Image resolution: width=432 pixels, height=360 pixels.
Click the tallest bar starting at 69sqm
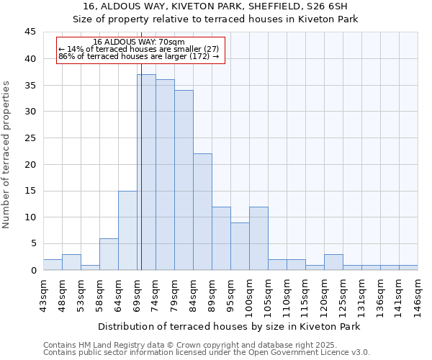pyautogui.click(x=146, y=172)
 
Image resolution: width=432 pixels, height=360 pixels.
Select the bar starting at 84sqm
pyautogui.click(x=202, y=212)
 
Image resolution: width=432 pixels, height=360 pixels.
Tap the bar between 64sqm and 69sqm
pyautogui.click(x=127, y=230)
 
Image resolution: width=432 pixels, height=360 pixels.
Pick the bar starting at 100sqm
pyautogui.click(x=258, y=238)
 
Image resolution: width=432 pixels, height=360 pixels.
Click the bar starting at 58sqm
pyautogui.click(x=109, y=254)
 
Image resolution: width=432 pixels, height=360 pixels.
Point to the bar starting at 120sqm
pyautogui.click(x=333, y=262)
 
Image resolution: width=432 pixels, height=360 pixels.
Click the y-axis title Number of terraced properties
pyautogui.click(x=7, y=154)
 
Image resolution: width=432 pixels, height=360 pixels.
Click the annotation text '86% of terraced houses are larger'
pyautogui.click(x=138, y=56)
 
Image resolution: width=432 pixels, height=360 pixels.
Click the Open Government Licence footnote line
pyautogui.click(x=206, y=352)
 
